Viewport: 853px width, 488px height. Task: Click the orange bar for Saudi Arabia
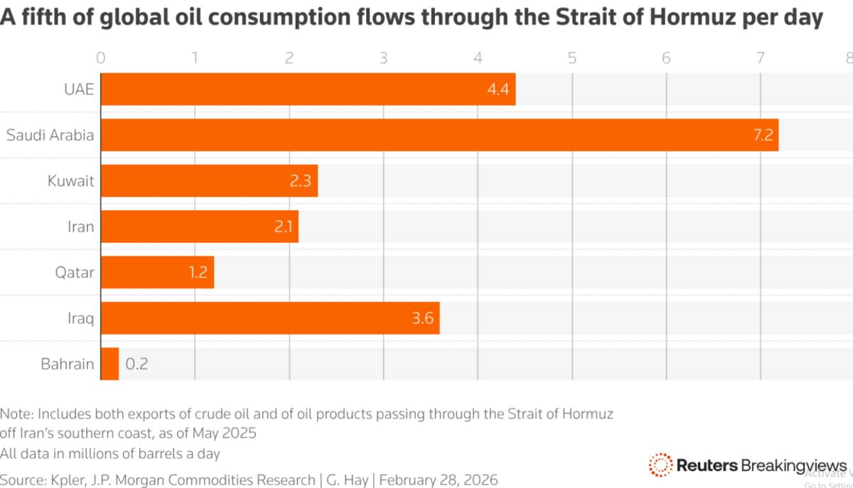[439, 135]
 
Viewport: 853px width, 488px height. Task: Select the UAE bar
[308, 90]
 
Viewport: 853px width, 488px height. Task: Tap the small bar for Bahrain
[110, 364]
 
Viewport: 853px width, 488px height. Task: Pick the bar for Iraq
[270, 318]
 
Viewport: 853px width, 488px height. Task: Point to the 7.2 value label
[763, 135]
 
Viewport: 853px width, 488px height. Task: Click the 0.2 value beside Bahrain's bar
[136, 364]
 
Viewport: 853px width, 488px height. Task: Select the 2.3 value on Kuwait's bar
[300, 181]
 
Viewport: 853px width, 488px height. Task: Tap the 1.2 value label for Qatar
[197, 273]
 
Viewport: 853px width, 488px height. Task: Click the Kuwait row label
[70, 181]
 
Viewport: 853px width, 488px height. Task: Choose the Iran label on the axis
[80, 227]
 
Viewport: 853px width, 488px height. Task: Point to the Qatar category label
[75, 273]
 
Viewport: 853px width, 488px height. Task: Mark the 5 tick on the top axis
[572, 58]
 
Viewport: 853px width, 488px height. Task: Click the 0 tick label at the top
[101, 58]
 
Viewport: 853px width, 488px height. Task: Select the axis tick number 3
[383, 58]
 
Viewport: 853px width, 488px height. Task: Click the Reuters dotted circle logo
[660, 465]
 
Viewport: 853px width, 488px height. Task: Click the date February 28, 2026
[439, 479]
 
